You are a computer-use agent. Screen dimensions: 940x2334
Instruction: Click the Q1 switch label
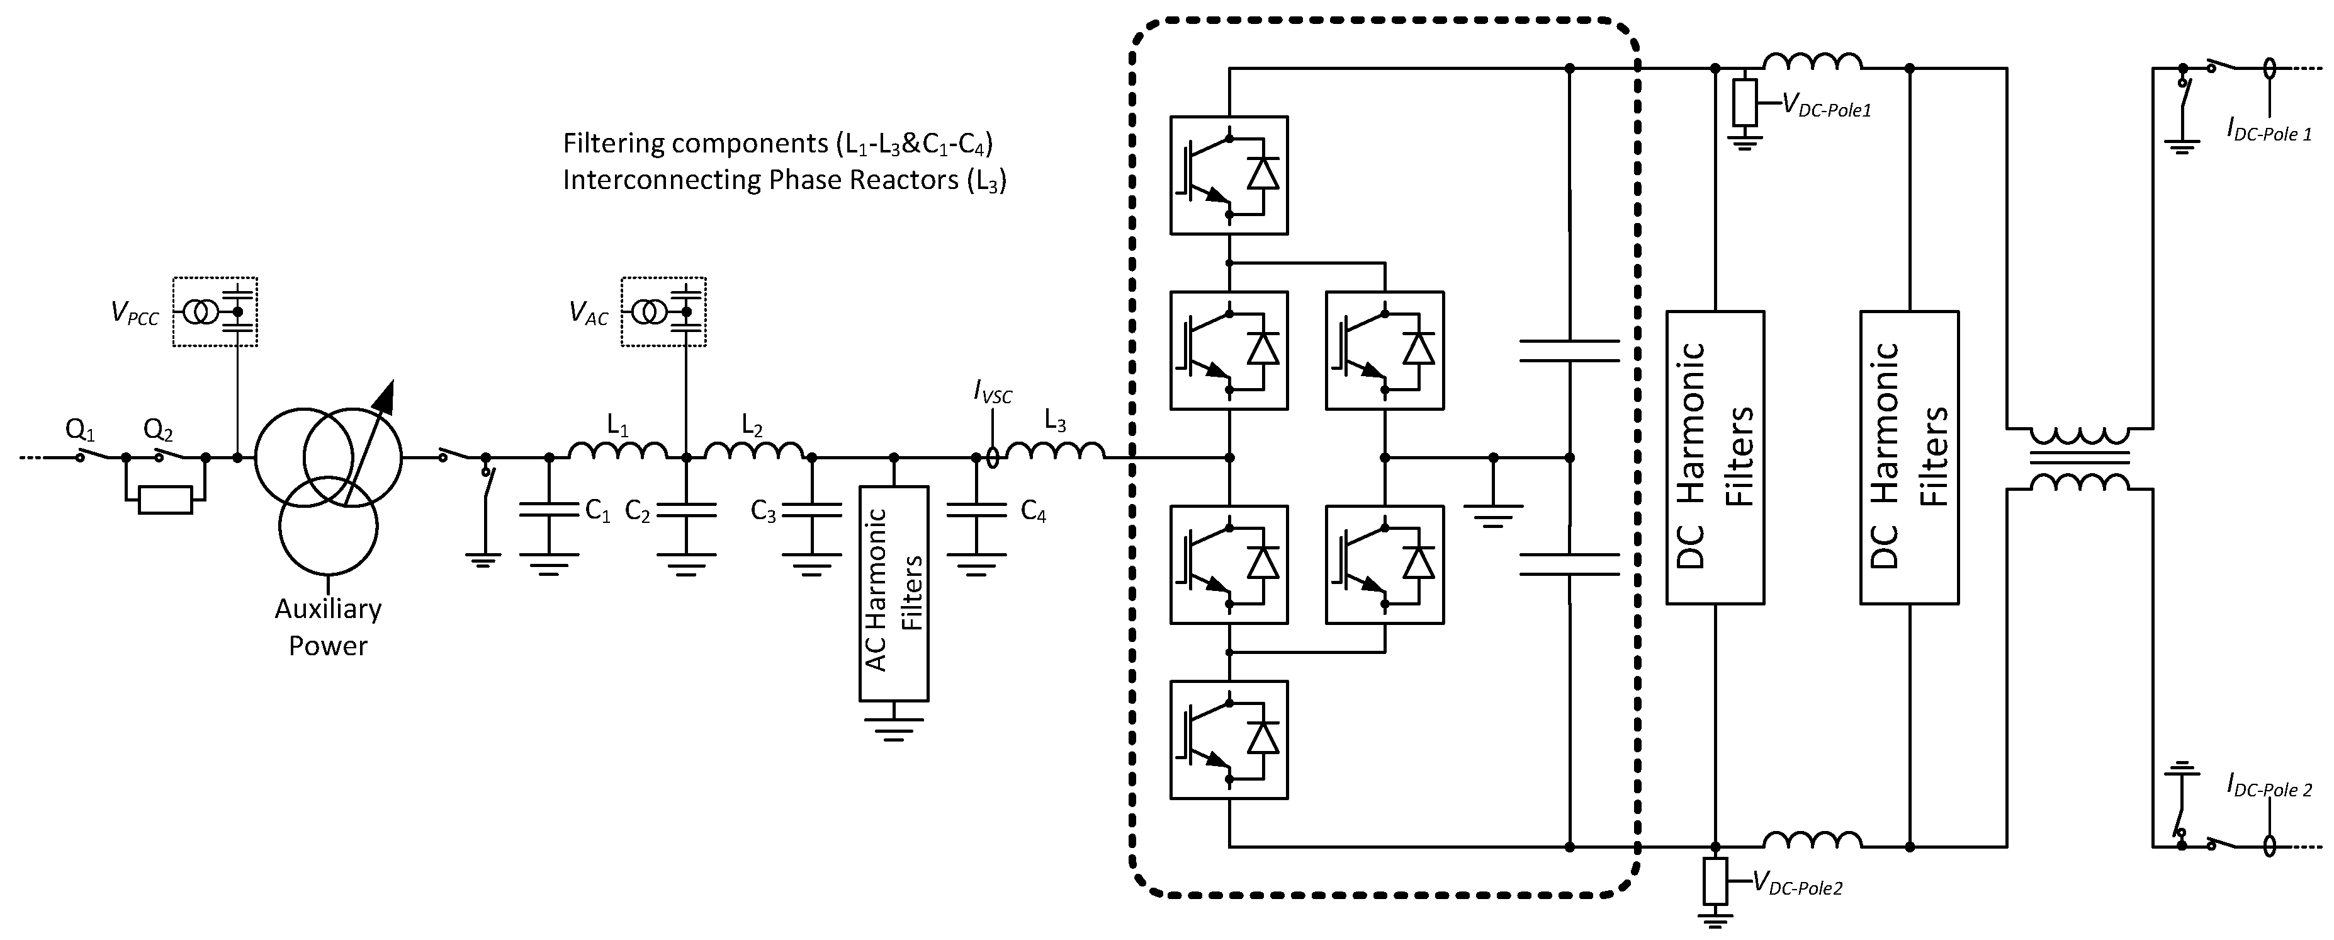80,429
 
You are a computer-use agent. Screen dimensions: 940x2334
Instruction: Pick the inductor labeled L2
754,448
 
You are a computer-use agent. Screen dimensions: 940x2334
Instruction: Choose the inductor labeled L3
1056,448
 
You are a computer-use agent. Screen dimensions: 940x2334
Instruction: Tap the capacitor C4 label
1033,512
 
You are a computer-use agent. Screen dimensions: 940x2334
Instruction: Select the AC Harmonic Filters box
893,593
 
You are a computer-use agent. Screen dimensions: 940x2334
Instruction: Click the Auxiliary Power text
328,628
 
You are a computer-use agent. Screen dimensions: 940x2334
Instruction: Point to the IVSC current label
993,393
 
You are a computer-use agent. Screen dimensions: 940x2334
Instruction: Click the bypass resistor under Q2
165,500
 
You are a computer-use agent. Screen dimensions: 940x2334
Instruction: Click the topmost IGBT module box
1229,175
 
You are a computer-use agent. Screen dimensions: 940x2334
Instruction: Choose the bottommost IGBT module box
1229,740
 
